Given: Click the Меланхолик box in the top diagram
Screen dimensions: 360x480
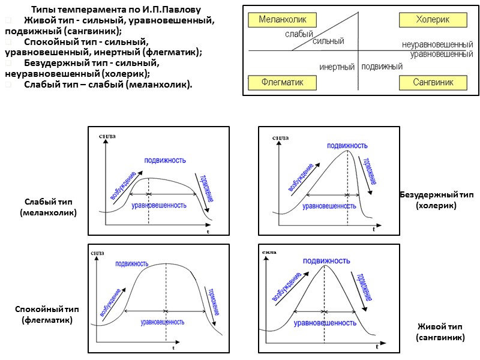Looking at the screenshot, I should click(282, 20).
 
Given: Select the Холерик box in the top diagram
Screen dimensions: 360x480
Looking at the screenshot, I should click(433, 20).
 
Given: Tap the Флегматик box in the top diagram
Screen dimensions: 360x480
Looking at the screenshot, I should click(282, 82).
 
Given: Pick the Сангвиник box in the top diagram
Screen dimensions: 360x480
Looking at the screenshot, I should click(433, 82).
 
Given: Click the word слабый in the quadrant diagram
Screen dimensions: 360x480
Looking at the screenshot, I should click(298, 34).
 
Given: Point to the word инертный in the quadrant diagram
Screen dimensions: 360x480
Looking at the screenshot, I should click(337, 67).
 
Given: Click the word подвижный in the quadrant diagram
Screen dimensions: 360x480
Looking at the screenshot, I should click(383, 66).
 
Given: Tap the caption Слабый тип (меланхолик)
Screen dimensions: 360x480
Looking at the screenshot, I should click(48, 207).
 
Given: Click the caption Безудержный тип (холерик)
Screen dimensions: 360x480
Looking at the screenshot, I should click(436, 200).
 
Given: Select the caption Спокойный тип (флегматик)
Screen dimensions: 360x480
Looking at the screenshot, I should click(47, 314).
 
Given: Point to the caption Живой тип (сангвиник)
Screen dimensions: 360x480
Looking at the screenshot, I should click(440, 332).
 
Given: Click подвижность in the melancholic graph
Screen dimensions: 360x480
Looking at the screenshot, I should click(164, 160).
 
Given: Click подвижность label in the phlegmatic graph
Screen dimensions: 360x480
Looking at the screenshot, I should click(132, 263).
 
